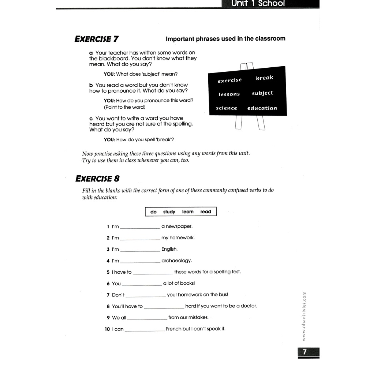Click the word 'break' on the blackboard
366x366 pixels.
pos(265,78)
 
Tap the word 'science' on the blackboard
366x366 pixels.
pos(227,108)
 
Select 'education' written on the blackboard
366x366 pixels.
pos(262,108)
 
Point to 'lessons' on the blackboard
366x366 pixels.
pos(229,94)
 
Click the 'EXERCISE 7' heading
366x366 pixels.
pos(96,39)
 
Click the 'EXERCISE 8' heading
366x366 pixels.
pos(97,179)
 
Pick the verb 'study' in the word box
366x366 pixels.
pos(169,212)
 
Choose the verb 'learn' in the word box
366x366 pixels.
pos(188,212)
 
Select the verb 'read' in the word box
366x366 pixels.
pos(206,212)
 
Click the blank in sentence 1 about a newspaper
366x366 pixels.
pos(140,227)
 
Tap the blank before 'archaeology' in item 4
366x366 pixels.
pos(140,261)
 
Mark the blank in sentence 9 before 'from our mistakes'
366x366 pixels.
pos(147,318)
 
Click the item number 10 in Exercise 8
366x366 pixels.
pos(107,329)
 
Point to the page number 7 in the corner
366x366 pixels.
pos(305,352)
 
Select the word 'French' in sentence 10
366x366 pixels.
pos(173,329)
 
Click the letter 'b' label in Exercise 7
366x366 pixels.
pos(91,85)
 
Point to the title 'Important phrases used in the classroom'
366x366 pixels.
pos(225,38)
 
